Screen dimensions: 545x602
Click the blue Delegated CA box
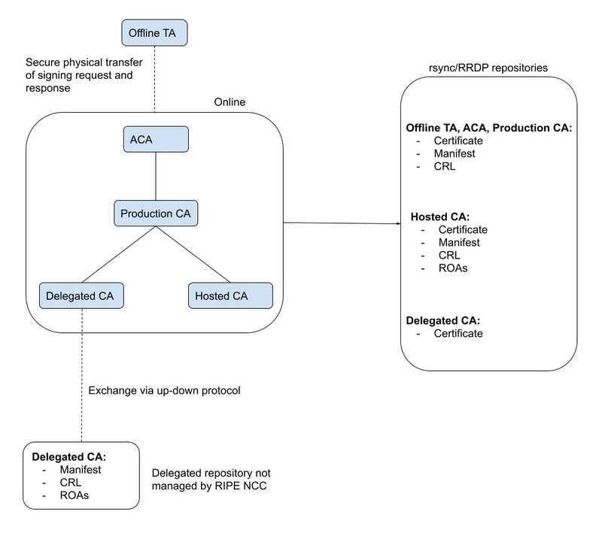click(81, 295)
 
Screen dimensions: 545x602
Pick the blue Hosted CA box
click(230, 295)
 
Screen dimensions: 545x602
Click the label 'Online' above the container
click(231, 103)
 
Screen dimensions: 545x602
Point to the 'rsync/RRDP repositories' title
click(489, 68)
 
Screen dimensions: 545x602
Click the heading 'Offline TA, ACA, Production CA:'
click(489, 128)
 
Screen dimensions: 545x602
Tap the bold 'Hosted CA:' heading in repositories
click(439, 217)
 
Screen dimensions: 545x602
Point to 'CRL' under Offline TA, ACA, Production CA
click(445, 166)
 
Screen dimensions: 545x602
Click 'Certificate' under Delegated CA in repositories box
click(458, 332)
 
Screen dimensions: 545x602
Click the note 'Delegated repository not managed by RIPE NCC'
click(211, 480)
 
